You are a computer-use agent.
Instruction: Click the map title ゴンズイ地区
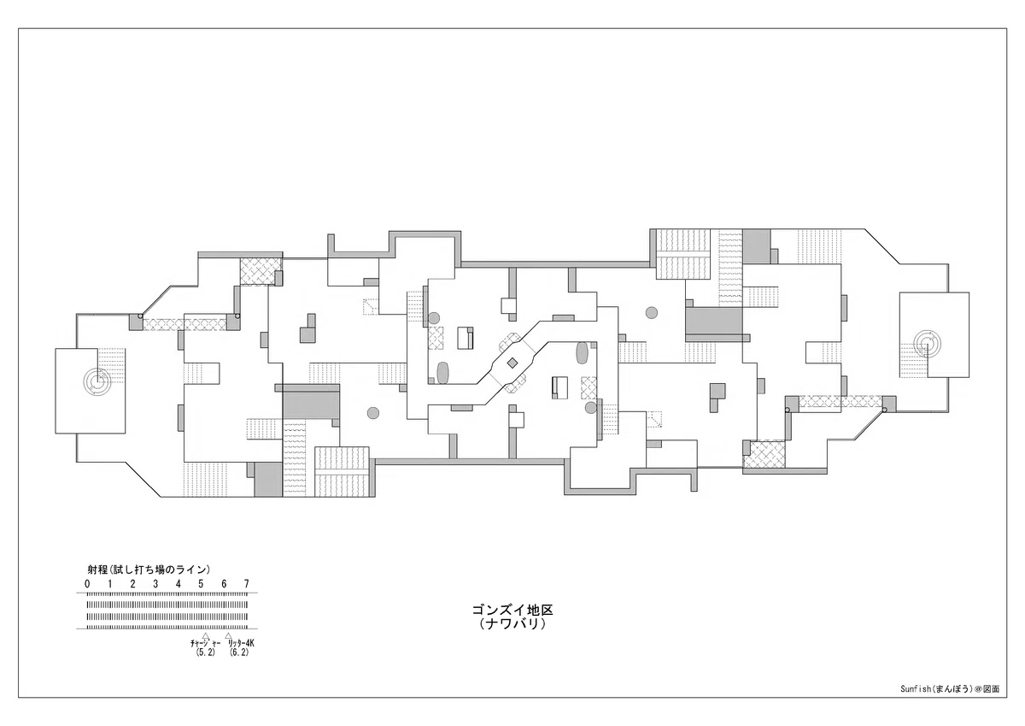(x=512, y=610)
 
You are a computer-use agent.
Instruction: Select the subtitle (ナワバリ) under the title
(x=512, y=624)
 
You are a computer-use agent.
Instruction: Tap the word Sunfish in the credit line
(x=916, y=702)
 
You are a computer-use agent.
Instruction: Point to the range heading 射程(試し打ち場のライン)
(x=149, y=570)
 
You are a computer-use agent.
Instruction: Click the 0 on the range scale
(x=87, y=584)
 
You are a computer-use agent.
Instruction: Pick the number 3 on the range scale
(x=155, y=584)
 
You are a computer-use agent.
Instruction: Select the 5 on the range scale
(x=201, y=584)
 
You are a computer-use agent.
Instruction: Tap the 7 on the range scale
(x=247, y=584)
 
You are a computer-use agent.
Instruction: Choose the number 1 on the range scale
(x=110, y=584)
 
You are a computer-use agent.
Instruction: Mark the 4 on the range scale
(x=179, y=584)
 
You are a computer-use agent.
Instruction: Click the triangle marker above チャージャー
(x=206, y=635)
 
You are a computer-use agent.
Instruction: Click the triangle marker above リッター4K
(x=228, y=635)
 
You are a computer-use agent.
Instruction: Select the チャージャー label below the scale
(x=206, y=644)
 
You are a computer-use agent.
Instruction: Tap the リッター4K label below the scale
(x=241, y=643)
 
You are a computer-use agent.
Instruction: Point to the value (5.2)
(x=206, y=652)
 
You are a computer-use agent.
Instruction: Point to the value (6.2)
(x=239, y=652)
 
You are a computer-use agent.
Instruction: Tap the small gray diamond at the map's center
(x=512, y=363)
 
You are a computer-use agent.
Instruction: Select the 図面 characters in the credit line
(x=992, y=702)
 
